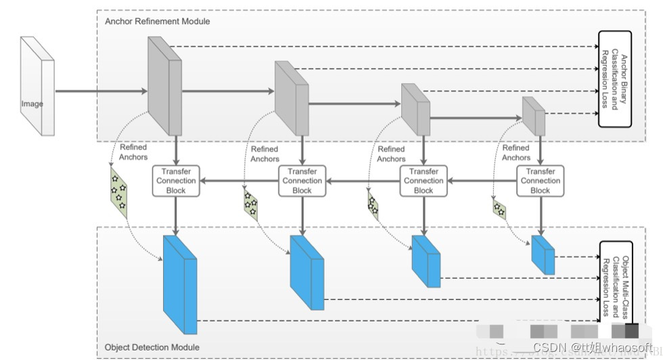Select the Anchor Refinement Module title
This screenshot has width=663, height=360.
pos(158,21)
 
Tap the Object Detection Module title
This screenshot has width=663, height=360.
pos(152,348)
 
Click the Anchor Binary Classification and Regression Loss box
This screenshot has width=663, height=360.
pos(614,78)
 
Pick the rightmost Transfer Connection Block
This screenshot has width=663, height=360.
pos(540,181)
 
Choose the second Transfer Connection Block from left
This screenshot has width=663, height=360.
pos(302,181)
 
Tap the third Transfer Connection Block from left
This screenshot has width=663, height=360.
pos(424,181)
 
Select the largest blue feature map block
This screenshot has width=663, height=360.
pos(179,284)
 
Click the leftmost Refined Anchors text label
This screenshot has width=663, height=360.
pos(133,152)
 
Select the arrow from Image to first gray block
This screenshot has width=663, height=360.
pos(101,91)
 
